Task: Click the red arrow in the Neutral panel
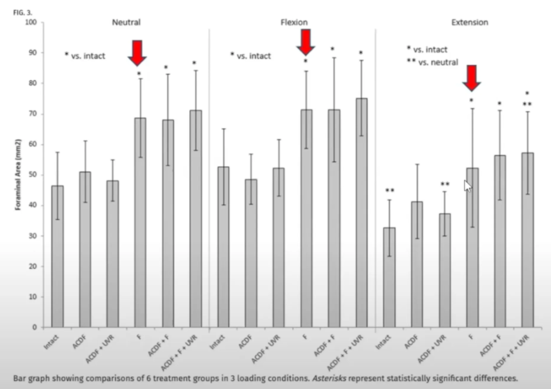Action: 137,52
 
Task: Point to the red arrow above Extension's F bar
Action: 471,78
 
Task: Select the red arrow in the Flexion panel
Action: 305,42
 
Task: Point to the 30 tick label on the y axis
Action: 32,266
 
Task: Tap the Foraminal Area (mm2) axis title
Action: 18,175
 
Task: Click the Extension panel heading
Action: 469,22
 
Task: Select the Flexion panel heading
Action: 294,22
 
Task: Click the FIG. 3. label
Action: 22,11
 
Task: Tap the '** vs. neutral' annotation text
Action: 432,62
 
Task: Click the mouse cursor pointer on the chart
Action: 467,186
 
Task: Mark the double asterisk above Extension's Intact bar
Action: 390,191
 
